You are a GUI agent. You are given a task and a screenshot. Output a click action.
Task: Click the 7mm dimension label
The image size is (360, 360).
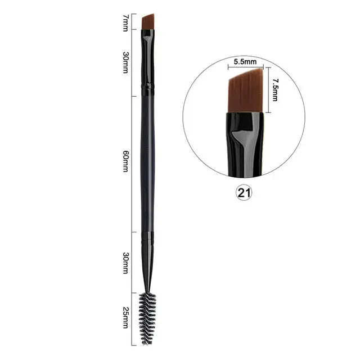[126, 22]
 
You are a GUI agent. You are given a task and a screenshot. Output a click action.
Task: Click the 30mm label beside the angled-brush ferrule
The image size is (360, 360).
[126, 62]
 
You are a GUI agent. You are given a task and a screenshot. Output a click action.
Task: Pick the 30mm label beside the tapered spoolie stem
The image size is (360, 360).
[126, 263]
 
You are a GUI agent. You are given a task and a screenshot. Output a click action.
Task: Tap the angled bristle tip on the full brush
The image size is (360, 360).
[148, 22]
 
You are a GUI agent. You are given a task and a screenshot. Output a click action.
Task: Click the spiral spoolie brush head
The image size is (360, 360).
[147, 318]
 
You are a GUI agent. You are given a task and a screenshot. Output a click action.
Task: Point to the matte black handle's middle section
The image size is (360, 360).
[147, 163]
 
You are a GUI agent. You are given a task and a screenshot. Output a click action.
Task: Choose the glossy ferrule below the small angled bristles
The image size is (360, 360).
[147, 56]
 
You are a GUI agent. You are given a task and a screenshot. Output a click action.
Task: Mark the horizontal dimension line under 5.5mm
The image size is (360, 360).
[245, 68]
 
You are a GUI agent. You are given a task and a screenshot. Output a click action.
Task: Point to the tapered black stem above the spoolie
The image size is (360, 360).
[147, 264]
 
